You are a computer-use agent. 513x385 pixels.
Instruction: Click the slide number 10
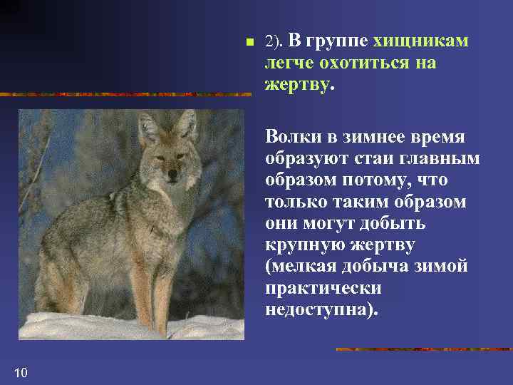21,371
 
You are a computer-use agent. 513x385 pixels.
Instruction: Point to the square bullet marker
248,43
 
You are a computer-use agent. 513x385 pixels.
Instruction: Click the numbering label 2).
274,42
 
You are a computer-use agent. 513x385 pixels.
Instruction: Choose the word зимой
445,267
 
